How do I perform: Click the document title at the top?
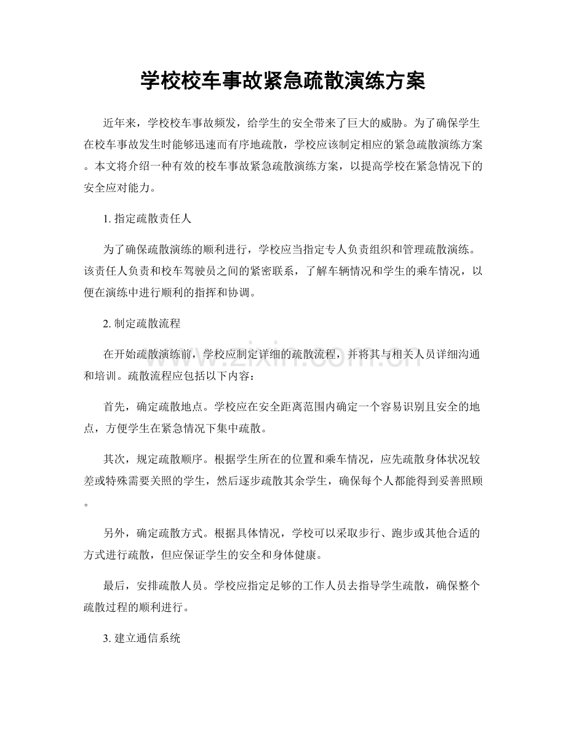pyautogui.click(x=282, y=81)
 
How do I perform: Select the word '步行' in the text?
pyautogui.click(x=348, y=533)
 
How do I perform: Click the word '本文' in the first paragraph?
pyautogui.click(x=106, y=167)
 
